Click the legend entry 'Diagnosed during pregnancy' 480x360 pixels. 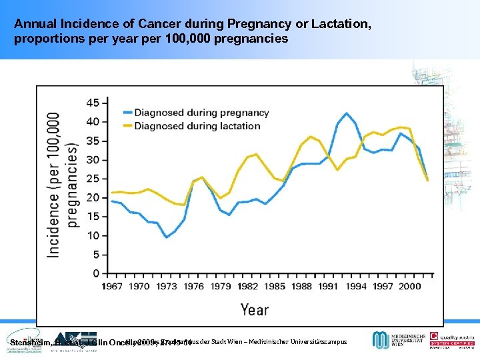[201, 113]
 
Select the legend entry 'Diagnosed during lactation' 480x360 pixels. [197, 126]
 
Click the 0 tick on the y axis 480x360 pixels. [95, 273]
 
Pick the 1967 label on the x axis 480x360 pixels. [111, 286]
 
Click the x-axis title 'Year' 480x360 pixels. [254, 309]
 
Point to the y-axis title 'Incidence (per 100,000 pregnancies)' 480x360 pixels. [63, 183]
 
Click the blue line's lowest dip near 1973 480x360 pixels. [166, 237]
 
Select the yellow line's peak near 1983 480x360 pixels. [256, 154]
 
